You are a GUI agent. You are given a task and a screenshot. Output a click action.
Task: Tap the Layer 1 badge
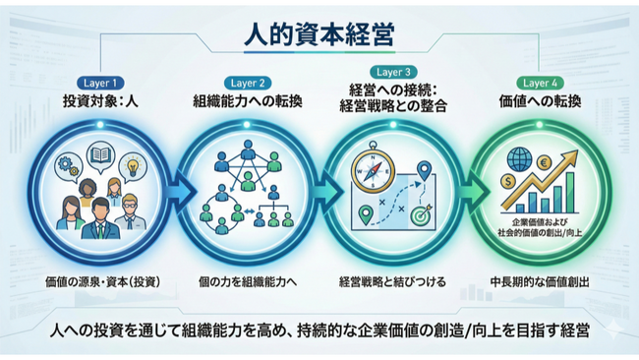pos(102,83)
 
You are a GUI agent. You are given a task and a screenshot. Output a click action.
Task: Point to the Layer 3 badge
pos(390,72)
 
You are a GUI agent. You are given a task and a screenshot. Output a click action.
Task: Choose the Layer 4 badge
pos(541,83)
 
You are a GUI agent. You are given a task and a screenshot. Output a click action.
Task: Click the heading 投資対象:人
pos(102,100)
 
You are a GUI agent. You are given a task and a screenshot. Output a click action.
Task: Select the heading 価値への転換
pos(541,100)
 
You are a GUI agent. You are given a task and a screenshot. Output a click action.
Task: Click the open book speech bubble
pos(100,155)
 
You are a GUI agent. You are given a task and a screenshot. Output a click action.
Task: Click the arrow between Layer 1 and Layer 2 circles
pos(176,189)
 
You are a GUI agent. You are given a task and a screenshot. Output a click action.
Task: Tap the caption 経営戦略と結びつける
pos(391,281)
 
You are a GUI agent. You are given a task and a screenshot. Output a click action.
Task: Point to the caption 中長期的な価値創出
pos(540,281)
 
